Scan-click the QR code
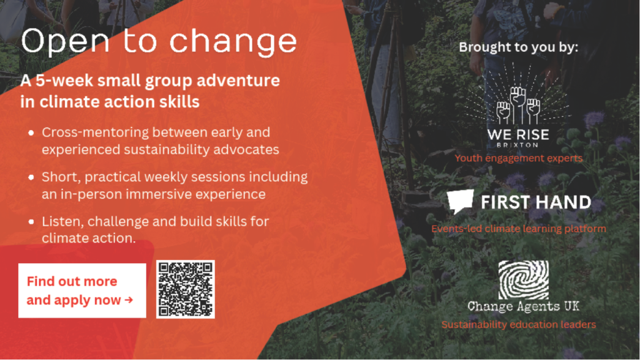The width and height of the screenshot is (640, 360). tap(185, 289)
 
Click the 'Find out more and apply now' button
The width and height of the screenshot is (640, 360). tap(82, 291)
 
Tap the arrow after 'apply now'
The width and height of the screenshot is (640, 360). tap(129, 300)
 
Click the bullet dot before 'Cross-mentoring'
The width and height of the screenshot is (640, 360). tap(31, 132)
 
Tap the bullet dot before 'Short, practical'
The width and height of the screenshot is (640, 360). tap(31, 177)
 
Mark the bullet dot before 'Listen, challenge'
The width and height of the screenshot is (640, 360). tap(31, 222)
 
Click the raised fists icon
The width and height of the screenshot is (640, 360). tap(518, 105)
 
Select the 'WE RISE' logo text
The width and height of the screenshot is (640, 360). tap(518, 134)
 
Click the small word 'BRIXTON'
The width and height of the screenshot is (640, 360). tap(518, 145)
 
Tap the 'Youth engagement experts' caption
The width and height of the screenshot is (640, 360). tap(519, 158)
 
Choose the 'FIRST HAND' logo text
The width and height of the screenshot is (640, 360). tap(536, 202)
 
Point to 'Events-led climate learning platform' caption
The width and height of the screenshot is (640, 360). tap(519, 229)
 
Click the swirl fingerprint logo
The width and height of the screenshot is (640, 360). tap(524, 279)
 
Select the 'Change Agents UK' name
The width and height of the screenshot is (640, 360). tap(523, 306)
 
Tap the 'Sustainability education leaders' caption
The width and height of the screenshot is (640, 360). tap(519, 324)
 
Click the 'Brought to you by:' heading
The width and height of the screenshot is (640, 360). tap(518, 47)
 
